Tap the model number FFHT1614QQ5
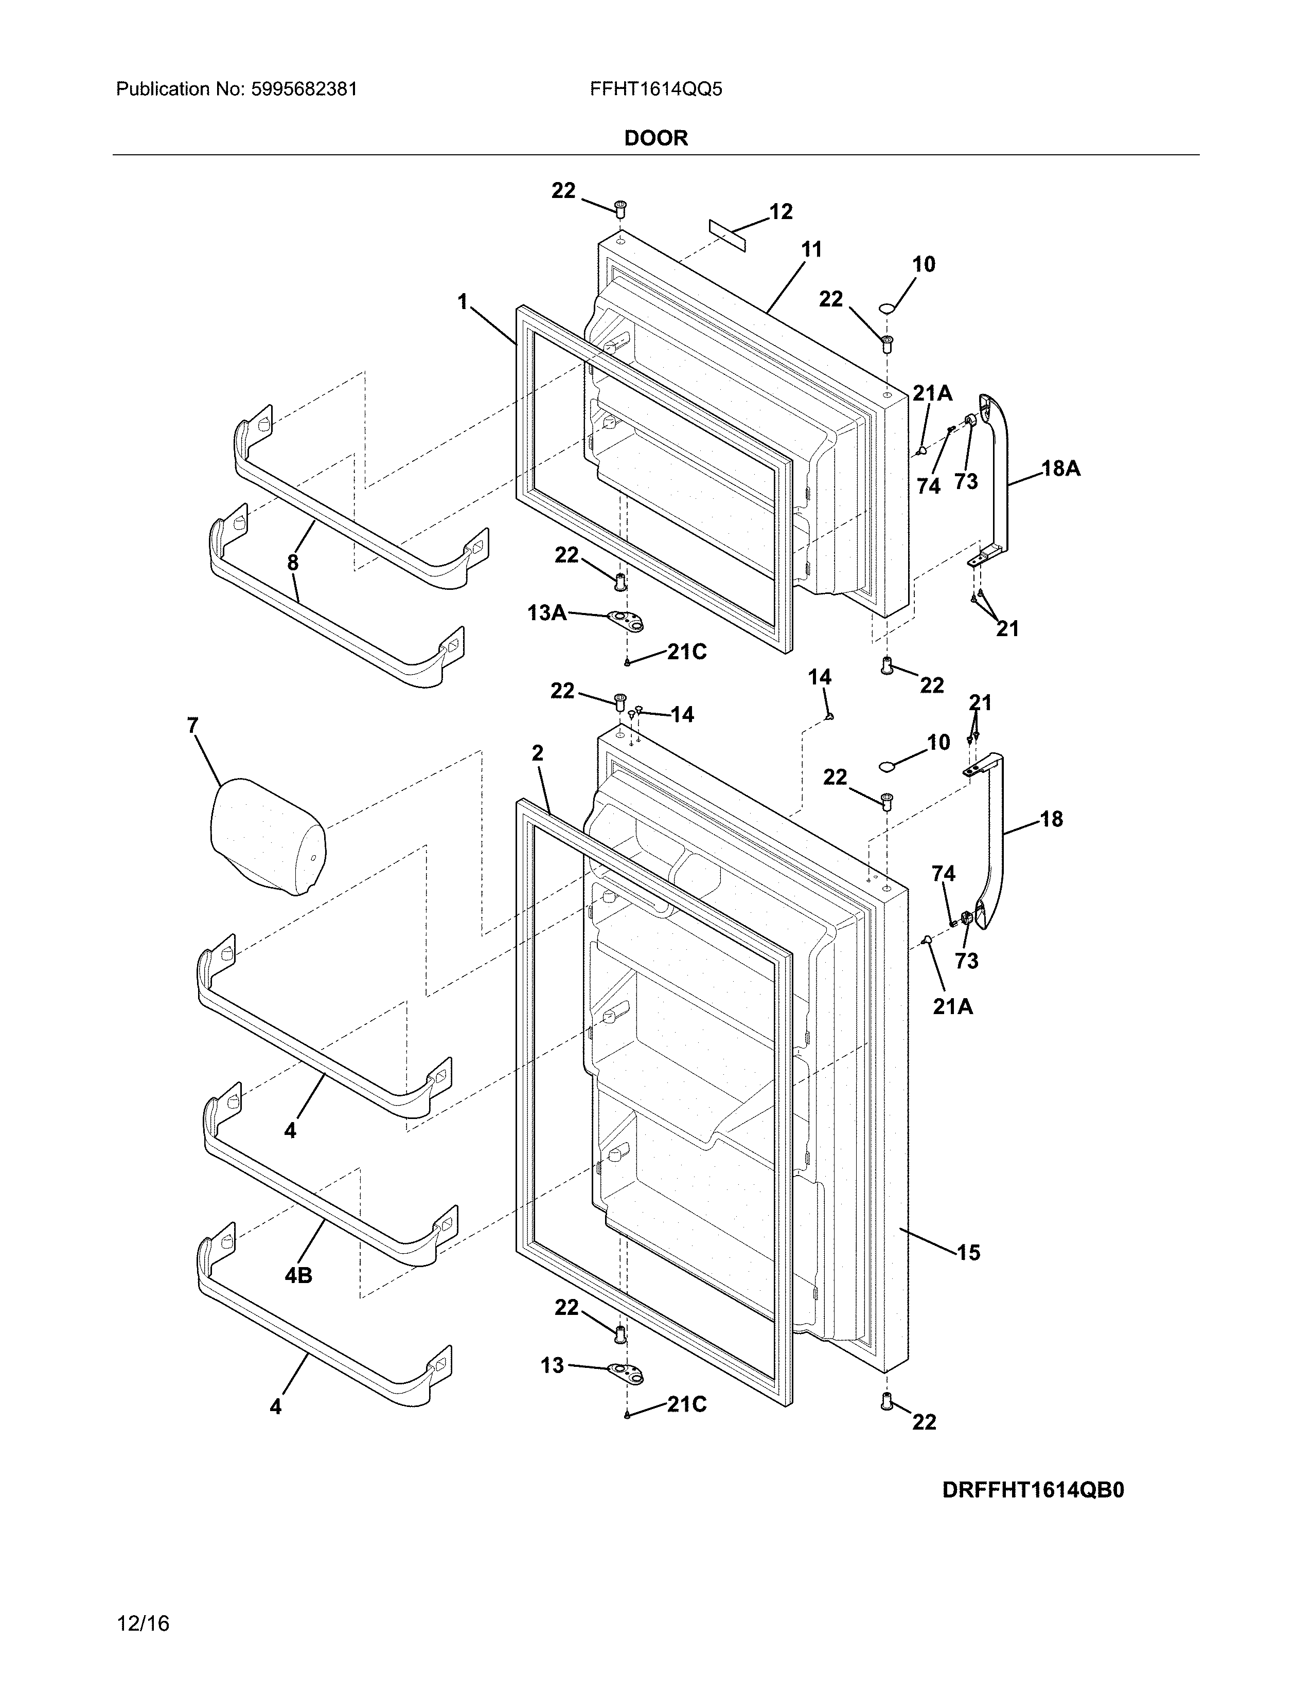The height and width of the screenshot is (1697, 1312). click(655, 89)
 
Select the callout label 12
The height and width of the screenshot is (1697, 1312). click(781, 211)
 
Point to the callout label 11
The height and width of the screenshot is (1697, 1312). click(811, 249)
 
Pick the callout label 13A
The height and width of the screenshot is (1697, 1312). click(546, 613)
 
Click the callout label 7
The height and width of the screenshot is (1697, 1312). click(193, 726)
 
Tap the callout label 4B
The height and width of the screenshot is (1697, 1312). click(298, 1275)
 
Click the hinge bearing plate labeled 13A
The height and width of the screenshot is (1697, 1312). click(627, 619)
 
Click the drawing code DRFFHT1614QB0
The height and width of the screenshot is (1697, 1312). click(1033, 1490)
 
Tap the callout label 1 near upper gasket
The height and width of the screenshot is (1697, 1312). click(463, 301)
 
